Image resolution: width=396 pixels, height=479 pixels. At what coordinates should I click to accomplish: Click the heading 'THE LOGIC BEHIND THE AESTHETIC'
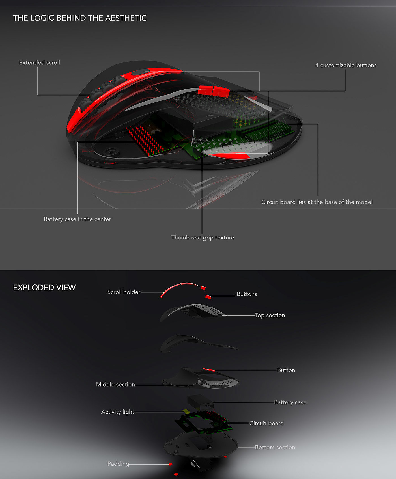[80, 18]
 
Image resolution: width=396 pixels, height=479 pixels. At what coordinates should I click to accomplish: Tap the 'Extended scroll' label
[40, 63]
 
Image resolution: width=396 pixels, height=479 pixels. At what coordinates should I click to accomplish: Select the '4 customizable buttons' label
[346, 65]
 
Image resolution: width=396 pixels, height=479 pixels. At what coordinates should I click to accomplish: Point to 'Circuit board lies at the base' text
[317, 202]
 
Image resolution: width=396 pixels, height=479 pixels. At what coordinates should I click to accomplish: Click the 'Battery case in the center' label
[77, 219]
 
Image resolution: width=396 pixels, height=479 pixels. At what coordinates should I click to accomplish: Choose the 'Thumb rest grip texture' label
[203, 238]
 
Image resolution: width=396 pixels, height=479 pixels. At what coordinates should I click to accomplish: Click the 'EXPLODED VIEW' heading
[44, 288]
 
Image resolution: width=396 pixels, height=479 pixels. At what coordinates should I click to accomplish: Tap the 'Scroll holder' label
[124, 292]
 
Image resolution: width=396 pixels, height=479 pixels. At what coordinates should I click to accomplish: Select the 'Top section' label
[270, 315]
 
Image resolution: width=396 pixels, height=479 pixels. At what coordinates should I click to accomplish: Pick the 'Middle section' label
[115, 385]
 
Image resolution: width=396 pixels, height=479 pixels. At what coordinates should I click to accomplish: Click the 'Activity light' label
[118, 412]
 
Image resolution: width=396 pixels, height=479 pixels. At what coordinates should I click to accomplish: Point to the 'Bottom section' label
[275, 447]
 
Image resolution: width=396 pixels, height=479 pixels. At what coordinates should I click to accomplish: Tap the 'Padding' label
[118, 464]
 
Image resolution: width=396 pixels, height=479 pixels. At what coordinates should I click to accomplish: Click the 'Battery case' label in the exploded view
[290, 402]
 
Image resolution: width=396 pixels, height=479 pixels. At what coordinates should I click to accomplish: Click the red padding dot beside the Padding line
[170, 464]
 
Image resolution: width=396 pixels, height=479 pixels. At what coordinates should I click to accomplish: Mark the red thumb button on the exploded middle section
[208, 370]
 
